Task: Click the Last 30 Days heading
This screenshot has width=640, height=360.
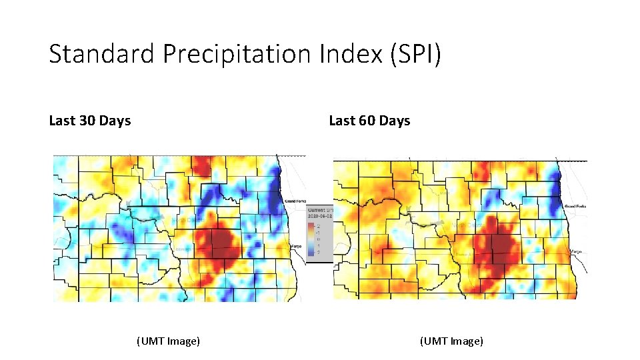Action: (89, 121)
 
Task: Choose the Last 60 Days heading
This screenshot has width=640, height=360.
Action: (369, 121)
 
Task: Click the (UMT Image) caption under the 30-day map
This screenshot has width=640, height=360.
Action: (168, 341)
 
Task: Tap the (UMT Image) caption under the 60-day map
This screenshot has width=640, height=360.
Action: (451, 341)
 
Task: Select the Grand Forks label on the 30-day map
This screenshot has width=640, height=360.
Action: (294, 201)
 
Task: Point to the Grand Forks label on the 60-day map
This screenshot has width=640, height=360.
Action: (575, 207)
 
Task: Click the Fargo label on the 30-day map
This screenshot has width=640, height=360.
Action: (297, 247)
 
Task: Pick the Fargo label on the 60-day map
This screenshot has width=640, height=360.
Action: (577, 252)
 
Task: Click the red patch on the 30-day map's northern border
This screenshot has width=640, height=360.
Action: (202, 165)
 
